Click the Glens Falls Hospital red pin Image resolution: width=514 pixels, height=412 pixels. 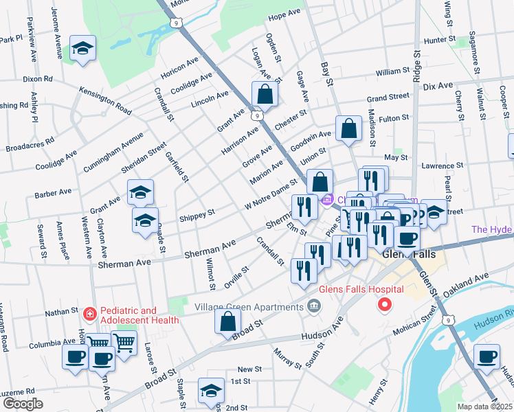coord(385,304)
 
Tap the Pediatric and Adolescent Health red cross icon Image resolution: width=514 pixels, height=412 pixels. coord(89,314)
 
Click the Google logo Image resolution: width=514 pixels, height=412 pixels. coord(23,404)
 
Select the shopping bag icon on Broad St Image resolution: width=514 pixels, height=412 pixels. coord(227,321)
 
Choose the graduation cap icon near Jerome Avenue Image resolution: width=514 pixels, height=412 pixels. coord(83,48)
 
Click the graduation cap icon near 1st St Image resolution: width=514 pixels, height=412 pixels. coord(211,391)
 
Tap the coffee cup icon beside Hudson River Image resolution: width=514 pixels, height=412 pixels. coord(487,356)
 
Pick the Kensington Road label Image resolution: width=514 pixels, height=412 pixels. coord(105,100)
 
